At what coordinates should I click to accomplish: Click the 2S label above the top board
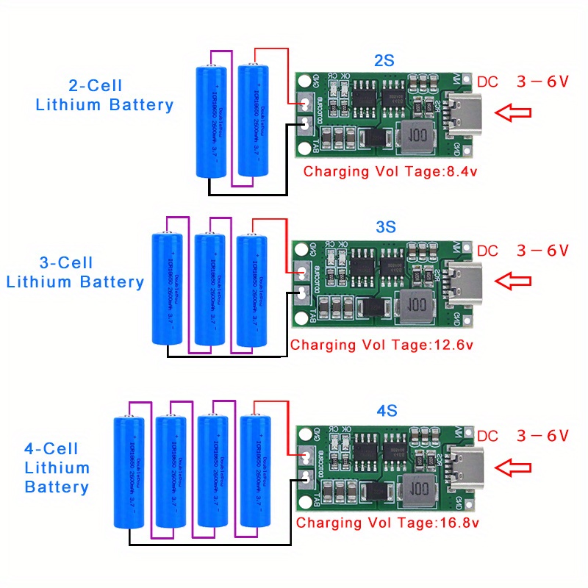click(x=384, y=61)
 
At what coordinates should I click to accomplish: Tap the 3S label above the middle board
click(x=386, y=227)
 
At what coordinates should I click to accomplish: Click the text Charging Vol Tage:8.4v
click(x=389, y=172)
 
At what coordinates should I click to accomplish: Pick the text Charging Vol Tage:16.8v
click(x=387, y=523)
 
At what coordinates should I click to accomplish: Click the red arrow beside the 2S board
click(x=512, y=112)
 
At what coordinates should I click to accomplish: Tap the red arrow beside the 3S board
click(x=512, y=280)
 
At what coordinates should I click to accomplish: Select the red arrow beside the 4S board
click(x=512, y=467)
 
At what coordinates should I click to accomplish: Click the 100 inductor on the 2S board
click(x=418, y=137)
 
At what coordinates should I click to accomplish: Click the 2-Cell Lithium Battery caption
click(x=104, y=95)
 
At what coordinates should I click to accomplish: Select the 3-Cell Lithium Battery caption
click(x=75, y=272)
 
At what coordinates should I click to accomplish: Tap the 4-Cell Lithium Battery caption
click(x=57, y=467)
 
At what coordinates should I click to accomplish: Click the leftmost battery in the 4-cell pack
click(x=130, y=472)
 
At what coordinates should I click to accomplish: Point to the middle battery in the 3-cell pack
click(x=209, y=288)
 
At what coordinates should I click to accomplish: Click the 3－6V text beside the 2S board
click(x=542, y=82)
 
